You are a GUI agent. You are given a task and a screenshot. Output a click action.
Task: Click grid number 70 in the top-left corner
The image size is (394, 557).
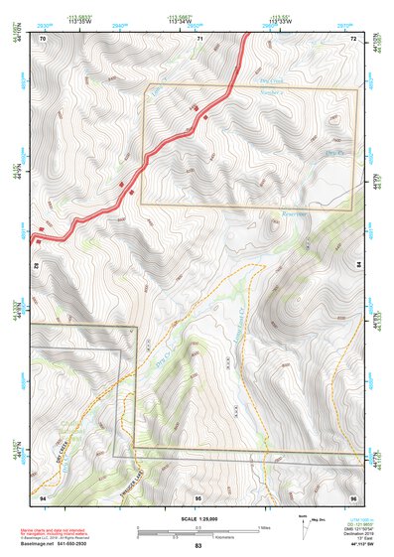tap(43, 38)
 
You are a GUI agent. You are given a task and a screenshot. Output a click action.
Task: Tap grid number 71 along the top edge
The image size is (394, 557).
tap(198, 38)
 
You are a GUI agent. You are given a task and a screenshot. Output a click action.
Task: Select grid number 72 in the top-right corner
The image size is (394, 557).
tap(353, 38)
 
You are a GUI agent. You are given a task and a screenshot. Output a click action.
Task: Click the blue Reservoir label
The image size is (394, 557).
tap(294, 212)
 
